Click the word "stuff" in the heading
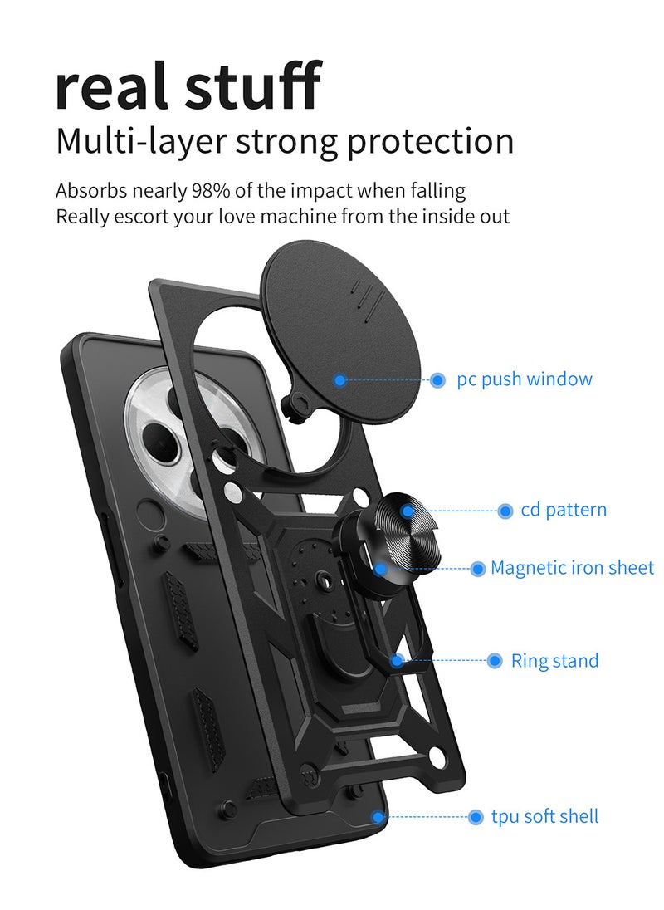[253, 85]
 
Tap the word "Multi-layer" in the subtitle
[139, 142]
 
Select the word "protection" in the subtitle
[430, 143]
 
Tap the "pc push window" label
[525, 379]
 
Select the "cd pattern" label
[564, 510]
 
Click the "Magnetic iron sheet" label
[573, 567]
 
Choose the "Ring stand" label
[555, 660]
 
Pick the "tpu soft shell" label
[545, 816]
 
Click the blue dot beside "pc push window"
[438, 380]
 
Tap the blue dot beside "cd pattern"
[505, 511]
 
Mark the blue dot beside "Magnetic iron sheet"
[477, 568]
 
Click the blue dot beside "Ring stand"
[494, 660]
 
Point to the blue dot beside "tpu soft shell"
[476, 816]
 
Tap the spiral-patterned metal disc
[406, 528]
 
